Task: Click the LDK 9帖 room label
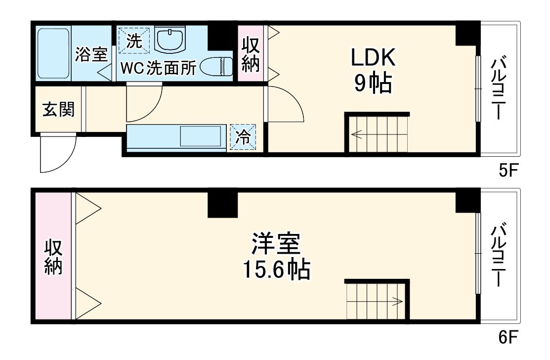[x=373, y=71]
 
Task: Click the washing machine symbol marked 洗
[x=133, y=40]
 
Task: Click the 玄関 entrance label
[x=58, y=109]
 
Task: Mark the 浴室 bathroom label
[x=91, y=54]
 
